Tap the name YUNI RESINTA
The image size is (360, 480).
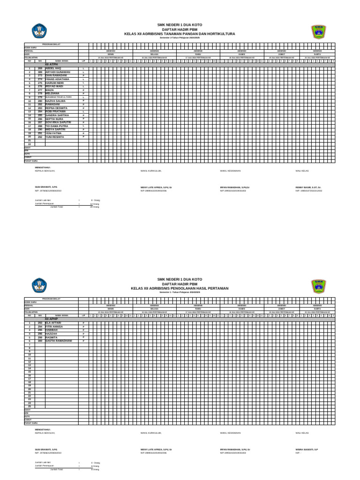coord(54,137)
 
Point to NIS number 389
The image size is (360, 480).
coord(40,72)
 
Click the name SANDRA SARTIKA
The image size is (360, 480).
coord(57,115)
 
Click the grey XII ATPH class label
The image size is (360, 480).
coord(51,64)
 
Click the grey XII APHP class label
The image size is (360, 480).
coord(51,319)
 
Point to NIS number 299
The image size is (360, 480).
coord(40,337)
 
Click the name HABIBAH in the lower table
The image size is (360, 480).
coord(52,330)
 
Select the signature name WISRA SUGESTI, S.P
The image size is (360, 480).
coord(307,449)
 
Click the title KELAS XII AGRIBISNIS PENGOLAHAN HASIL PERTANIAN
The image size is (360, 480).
coord(180,288)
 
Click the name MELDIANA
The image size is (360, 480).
coord(52,94)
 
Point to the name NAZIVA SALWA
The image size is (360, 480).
coord(55,101)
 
